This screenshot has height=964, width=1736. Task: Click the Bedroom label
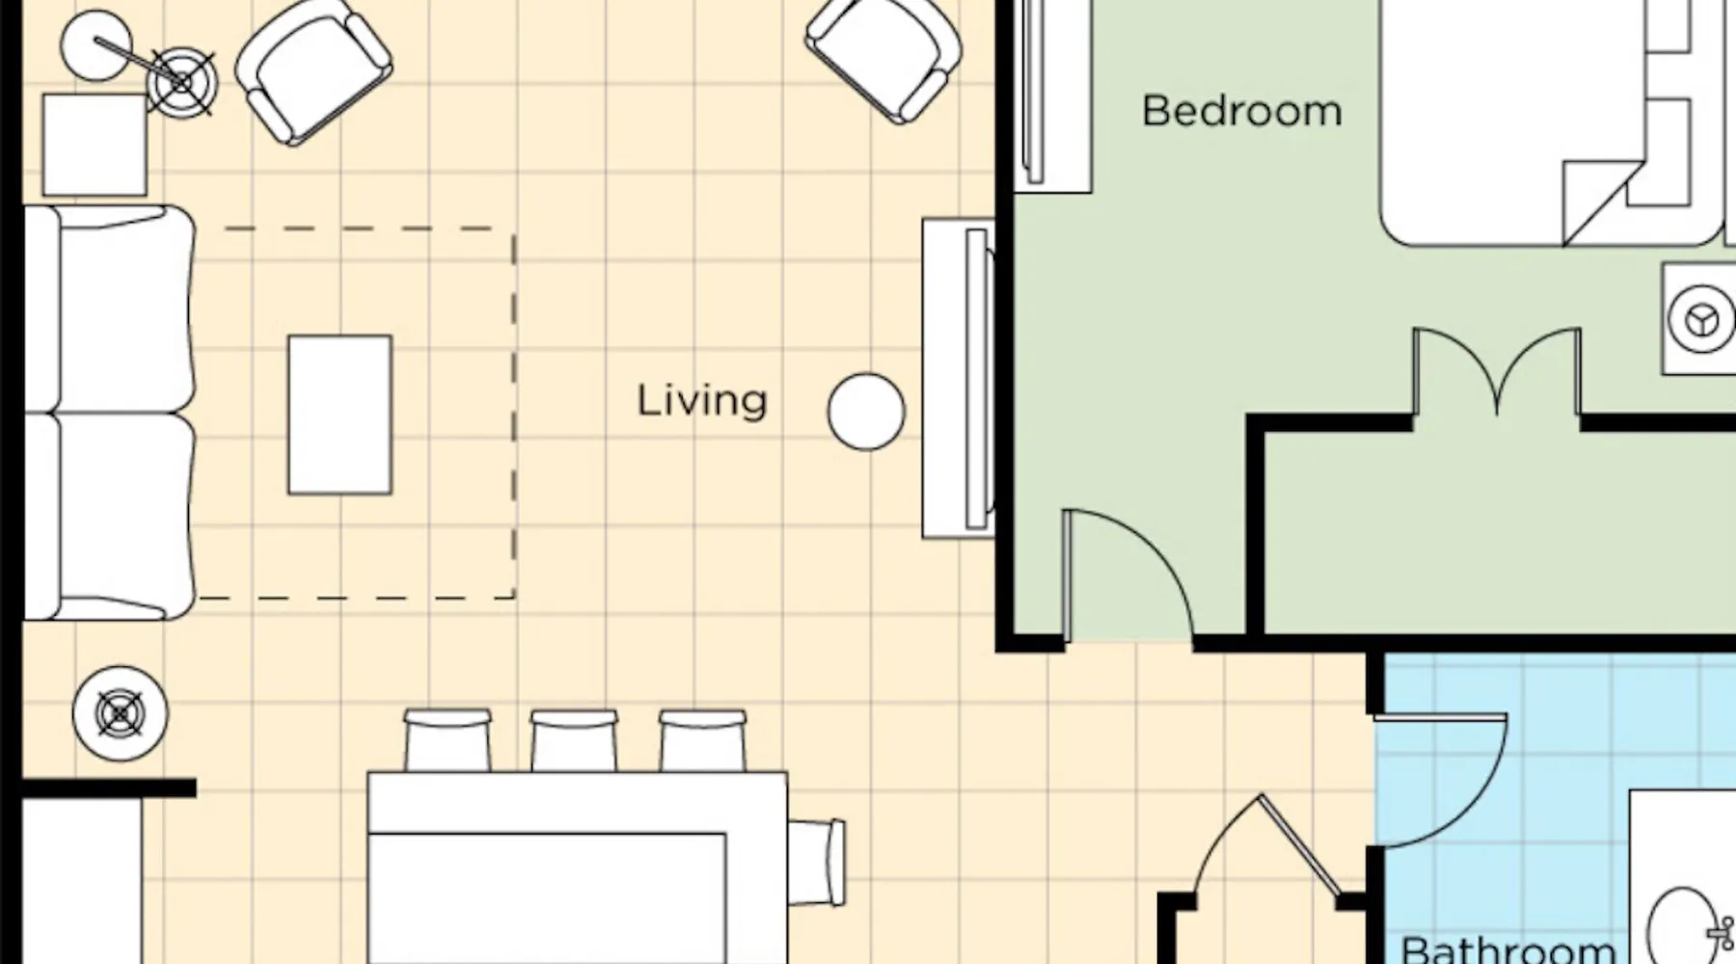[1241, 111]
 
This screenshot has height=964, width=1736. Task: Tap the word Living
[702, 401]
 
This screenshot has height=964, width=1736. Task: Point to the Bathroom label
[1507, 949]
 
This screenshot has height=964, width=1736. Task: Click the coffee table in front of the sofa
[340, 415]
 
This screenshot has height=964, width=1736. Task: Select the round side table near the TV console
[866, 412]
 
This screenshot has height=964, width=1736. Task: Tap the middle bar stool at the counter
[574, 740]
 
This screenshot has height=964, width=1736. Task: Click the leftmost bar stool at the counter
[448, 740]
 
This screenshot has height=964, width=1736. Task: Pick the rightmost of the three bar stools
[702, 740]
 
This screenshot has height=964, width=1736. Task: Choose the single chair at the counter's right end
[817, 862]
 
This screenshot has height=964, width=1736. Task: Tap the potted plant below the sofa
[121, 714]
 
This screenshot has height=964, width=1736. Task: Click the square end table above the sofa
[95, 145]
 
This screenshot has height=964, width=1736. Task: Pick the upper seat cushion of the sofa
[108, 308]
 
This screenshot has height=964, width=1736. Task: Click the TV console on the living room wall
[958, 379]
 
